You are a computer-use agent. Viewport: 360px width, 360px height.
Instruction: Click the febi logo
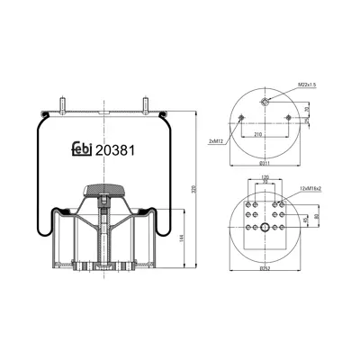click(81, 150)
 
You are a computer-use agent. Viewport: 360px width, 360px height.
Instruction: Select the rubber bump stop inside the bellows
click(106, 190)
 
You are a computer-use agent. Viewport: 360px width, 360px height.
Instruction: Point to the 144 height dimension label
click(183, 237)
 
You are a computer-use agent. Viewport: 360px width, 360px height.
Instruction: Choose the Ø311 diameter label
click(264, 165)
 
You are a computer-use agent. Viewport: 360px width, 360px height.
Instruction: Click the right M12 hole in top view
click(287, 119)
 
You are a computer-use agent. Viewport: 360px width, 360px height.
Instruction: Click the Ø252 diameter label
click(264, 269)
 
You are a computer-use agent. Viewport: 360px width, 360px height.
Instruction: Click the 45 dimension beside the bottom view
click(306, 218)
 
